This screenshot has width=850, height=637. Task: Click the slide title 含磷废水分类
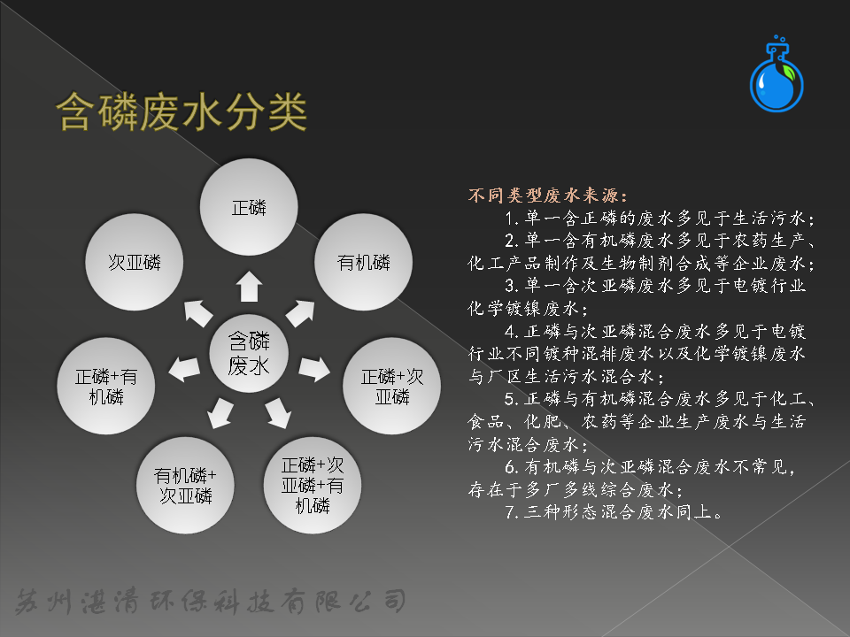[182, 112]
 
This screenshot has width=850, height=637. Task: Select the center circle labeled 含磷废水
[249, 353]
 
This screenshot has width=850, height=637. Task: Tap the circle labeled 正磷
[249, 207]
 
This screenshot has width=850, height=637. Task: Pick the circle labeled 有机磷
[363, 262]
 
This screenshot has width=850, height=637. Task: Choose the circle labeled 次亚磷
[135, 262]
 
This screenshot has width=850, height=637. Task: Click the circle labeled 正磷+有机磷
[105, 386]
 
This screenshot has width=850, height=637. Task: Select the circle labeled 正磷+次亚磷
[392, 386]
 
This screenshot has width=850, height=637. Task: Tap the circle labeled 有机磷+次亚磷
[185, 486]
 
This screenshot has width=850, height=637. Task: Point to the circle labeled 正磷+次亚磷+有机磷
[313, 486]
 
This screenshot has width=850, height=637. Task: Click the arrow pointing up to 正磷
[249, 286]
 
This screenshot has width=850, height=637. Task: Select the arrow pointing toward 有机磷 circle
[300, 313]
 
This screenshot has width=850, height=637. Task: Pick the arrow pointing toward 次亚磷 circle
[198, 313]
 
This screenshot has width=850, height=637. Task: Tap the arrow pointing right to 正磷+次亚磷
[314, 368]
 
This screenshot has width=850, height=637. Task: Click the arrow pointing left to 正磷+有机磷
[184, 368]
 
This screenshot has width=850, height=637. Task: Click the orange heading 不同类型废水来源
[547, 195]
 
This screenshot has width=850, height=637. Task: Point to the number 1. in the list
[513, 218]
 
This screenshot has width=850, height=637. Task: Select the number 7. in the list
[513, 512]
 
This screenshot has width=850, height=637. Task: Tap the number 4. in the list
[513, 331]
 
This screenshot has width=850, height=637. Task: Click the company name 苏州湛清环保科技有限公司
[211, 602]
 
